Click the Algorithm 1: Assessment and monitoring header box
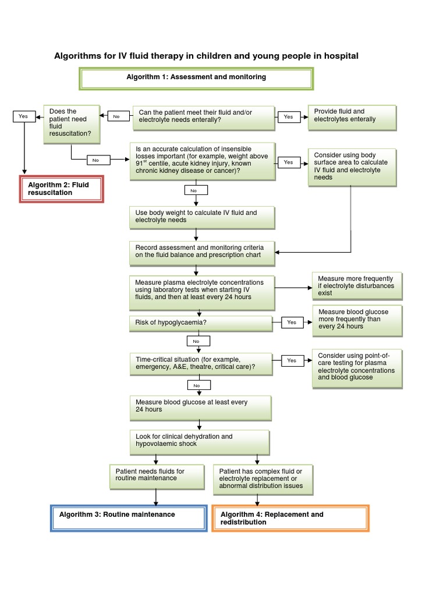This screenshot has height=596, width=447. point(196,78)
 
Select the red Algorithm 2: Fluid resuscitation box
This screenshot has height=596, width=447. point(61,189)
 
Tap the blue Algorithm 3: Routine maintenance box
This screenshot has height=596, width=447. point(129,518)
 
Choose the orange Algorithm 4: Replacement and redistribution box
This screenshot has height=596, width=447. point(290,518)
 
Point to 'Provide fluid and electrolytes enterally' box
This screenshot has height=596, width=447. point(352,118)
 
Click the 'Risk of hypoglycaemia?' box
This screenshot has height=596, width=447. point(200,323)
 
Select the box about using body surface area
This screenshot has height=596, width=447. point(352,167)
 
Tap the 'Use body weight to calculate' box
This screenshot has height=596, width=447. point(201,217)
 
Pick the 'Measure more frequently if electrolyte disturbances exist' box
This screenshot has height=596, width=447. point(356,286)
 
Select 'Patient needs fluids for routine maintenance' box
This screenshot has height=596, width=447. point(156,476)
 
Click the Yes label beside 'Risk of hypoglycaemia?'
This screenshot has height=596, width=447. point(292,322)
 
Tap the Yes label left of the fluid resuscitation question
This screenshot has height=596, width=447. point(23,116)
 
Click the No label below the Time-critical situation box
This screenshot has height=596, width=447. point(196,385)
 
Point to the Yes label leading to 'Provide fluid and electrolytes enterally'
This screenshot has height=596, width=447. point(288,117)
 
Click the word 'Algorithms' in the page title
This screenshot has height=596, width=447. point(77,56)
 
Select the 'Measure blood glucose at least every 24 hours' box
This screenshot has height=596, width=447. point(200,407)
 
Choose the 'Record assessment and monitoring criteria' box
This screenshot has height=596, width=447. point(201,251)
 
